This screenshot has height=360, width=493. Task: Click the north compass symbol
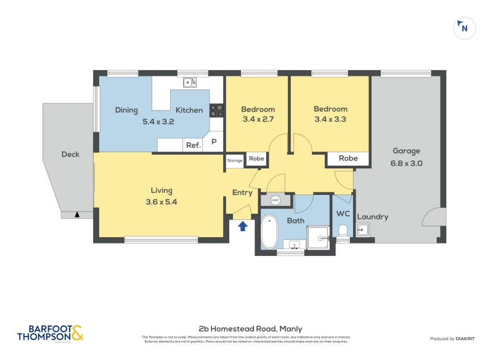(x=464, y=28)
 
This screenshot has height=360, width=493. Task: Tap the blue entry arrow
(x=243, y=226)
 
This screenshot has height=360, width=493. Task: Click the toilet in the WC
(x=343, y=231)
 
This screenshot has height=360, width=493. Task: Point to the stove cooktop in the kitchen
(x=217, y=110)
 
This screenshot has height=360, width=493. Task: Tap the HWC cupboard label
(x=275, y=200)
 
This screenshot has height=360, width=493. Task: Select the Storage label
(x=235, y=161)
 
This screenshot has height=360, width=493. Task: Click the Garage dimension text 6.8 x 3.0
(x=407, y=163)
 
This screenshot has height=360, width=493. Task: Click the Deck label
(x=70, y=154)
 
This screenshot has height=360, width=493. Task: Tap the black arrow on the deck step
(x=76, y=215)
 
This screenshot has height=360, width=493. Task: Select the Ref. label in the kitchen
(x=193, y=145)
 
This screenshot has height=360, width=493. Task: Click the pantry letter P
(x=214, y=142)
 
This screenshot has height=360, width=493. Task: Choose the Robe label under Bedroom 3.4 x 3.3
(x=348, y=158)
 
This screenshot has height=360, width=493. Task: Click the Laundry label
(x=372, y=216)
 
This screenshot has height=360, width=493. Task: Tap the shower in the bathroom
(x=319, y=237)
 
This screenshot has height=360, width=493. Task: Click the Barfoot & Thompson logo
(x=50, y=333)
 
